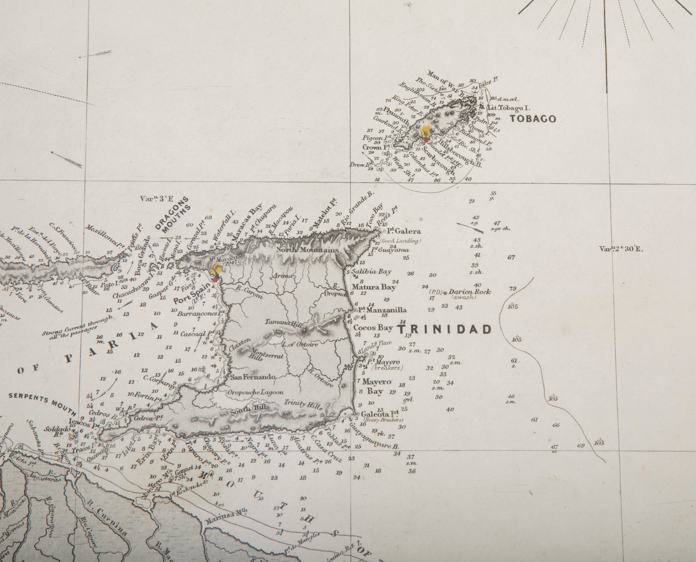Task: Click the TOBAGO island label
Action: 533,119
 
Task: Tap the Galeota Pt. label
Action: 379,414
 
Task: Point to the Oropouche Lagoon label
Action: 255,392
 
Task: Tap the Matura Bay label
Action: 374,287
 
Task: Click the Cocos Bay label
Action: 373,328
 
